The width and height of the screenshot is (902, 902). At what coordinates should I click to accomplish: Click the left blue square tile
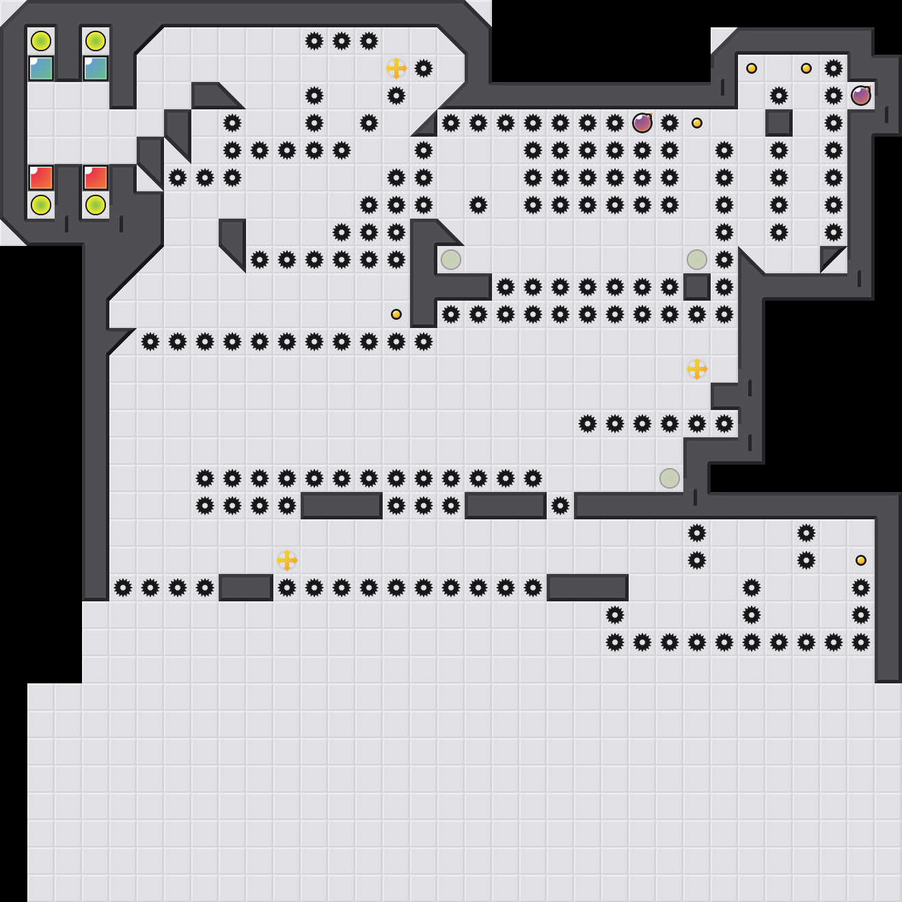[41, 68]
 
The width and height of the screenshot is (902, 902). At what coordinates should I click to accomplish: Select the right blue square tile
[96, 68]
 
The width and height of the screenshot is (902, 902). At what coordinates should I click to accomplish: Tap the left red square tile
[41, 178]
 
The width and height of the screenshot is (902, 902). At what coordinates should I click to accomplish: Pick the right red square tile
[96, 178]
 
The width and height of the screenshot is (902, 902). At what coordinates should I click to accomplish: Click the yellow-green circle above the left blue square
[41, 41]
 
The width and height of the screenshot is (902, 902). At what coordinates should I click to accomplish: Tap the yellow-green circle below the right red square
[96, 205]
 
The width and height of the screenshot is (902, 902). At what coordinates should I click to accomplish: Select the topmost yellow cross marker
[396, 68]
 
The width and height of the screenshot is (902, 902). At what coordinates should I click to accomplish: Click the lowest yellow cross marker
[287, 560]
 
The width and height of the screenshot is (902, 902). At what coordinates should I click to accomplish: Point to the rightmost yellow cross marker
[697, 369]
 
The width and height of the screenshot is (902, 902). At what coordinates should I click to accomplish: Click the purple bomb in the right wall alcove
[861, 96]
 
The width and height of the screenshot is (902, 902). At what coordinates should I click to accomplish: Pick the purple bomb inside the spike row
[642, 123]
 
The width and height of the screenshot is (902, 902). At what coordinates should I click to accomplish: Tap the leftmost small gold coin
[396, 314]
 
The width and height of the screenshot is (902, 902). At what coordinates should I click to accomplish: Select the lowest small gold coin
[861, 560]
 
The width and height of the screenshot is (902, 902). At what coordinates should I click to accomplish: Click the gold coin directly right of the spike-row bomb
[697, 123]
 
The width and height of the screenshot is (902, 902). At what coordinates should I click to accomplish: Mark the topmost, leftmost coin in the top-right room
[752, 68]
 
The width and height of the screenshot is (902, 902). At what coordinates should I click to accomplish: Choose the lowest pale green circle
[670, 478]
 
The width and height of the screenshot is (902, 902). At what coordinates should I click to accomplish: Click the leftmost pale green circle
[451, 260]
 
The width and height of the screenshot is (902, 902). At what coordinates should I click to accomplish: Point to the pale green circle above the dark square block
[697, 260]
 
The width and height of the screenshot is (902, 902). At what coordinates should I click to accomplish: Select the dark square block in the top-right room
[779, 123]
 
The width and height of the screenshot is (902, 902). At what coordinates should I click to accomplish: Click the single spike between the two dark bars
[560, 506]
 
